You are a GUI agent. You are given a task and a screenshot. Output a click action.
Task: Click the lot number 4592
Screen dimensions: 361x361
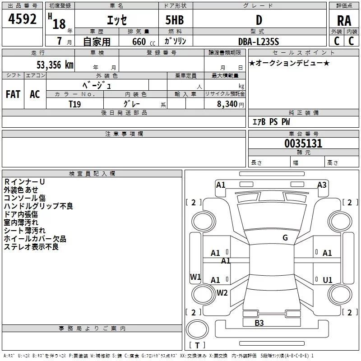tap(22, 19)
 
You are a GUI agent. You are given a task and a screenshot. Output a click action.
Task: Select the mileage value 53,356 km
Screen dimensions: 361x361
tap(55, 65)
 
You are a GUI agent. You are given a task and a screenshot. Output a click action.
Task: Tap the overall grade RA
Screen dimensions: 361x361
tap(344, 21)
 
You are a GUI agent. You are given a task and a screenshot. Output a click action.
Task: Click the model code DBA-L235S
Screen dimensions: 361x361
tap(259, 42)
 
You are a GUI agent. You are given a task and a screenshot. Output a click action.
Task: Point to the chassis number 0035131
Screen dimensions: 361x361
tap(303, 143)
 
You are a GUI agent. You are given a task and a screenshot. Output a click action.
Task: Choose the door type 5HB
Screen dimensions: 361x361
tap(175, 20)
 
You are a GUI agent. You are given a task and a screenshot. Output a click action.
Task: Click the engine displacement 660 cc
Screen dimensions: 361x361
tap(143, 42)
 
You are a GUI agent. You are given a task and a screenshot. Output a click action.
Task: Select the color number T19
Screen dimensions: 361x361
tap(75, 104)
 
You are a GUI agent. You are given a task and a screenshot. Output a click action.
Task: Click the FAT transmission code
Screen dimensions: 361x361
tap(13, 94)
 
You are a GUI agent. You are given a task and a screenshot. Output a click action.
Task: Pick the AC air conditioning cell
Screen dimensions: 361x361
tap(35, 94)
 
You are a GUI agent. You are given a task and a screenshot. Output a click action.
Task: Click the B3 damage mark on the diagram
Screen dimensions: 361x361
tap(259, 323)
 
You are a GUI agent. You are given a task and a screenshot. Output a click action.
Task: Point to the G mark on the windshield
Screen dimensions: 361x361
tap(285, 238)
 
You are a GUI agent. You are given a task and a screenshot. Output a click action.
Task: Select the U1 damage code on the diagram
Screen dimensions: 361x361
tap(328, 280)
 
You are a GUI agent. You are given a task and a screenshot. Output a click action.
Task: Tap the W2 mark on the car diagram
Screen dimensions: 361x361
tap(222, 293)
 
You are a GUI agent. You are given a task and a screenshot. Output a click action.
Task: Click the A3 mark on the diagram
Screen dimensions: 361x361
tap(322, 185)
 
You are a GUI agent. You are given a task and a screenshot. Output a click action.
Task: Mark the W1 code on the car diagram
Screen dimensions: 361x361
tap(195, 277)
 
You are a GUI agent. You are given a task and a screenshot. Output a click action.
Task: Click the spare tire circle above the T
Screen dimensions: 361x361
tap(197, 329)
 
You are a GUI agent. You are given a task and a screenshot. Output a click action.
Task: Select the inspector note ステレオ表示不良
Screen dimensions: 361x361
tap(31, 247)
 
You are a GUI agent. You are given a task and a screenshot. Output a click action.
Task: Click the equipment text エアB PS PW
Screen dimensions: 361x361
tap(271, 122)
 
